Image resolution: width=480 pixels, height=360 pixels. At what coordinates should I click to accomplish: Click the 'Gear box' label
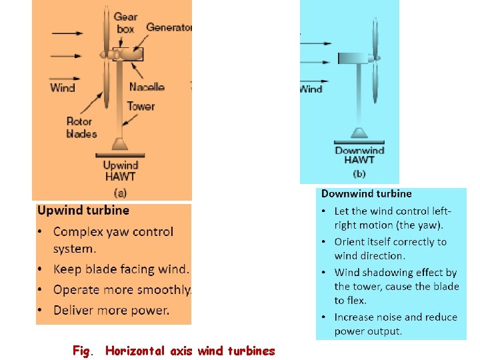pos(125,23)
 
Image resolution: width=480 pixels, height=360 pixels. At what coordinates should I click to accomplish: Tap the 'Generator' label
pos(169,27)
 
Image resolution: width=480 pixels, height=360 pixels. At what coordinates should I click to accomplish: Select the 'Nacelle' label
pos(147,87)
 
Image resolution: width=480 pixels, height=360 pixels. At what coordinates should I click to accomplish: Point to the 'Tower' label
pos(141,106)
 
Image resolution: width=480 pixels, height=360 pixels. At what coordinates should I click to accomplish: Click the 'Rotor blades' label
pos(81,127)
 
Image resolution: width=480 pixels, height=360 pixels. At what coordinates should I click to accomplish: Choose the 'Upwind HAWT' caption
pos(121,171)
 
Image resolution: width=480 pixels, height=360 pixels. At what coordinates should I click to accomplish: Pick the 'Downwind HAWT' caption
pos(359,155)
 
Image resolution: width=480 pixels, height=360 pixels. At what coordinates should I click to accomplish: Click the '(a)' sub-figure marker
pos(120,192)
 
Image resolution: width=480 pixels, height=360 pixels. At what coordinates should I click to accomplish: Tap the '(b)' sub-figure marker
pos(359,174)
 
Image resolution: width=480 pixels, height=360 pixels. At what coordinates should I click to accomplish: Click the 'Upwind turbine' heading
pos(83,210)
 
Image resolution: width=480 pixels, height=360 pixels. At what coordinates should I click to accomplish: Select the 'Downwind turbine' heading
pos(366,194)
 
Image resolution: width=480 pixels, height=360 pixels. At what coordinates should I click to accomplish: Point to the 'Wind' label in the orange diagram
pos(63,87)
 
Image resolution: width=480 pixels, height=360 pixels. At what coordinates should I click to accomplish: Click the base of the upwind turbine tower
pos(120,144)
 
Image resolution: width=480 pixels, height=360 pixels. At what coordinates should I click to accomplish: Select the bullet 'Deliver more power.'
pos(111,309)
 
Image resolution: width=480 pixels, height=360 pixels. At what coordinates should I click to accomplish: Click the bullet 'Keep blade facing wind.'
pos(121,269)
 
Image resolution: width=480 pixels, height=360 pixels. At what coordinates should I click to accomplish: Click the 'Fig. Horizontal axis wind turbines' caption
pos(173,350)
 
